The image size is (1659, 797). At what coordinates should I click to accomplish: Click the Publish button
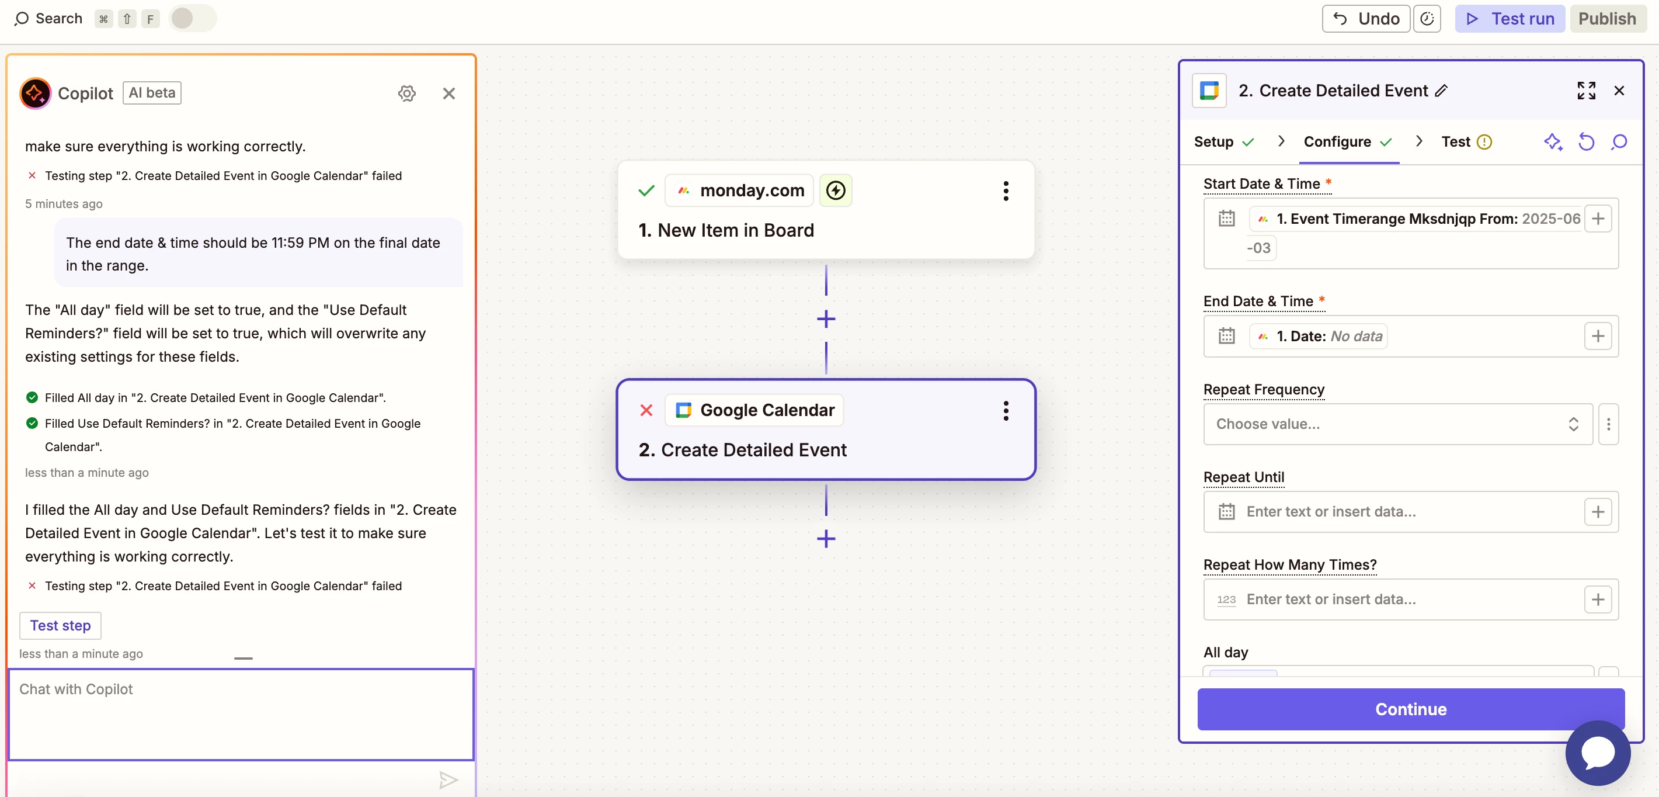[1607, 19]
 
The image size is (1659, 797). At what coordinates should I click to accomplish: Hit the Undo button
[1365, 19]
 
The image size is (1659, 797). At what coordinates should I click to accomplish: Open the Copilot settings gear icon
[406, 93]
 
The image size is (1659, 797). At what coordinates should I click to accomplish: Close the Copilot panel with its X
[449, 93]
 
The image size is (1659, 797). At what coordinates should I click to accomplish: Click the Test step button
[61, 625]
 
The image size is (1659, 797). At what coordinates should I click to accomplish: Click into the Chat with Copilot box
[241, 714]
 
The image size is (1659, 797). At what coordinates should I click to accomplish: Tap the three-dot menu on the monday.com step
[1006, 190]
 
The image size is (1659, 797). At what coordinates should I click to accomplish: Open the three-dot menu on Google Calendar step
[1006, 410]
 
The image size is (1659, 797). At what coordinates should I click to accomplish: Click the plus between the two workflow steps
[826, 319]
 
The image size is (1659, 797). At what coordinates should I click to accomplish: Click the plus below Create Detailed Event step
[826, 539]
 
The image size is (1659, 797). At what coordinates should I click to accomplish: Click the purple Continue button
[1410, 709]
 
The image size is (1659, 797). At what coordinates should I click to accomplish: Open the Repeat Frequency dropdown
[1397, 424]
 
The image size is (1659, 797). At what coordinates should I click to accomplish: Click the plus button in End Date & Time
[1597, 337]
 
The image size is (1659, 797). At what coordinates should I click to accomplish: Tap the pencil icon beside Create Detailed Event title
[1441, 91]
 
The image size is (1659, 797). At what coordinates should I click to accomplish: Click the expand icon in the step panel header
[1585, 91]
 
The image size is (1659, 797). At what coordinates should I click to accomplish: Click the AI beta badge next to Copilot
[152, 93]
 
